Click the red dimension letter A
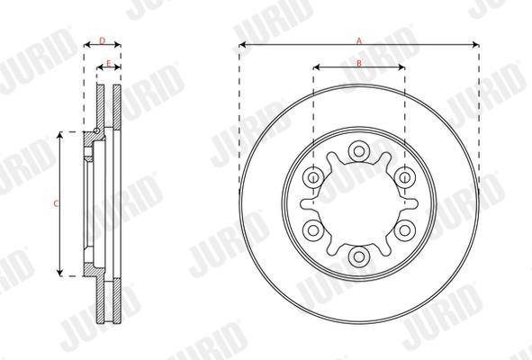(359, 41)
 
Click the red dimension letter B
(359, 63)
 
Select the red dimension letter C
(57, 204)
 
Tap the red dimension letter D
(102, 41)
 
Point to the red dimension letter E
(109, 63)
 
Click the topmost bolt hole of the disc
(359, 150)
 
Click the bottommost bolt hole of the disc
(359, 256)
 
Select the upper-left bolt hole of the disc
(313, 177)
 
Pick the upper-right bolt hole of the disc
(405, 177)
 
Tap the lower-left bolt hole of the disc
(313, 230)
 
